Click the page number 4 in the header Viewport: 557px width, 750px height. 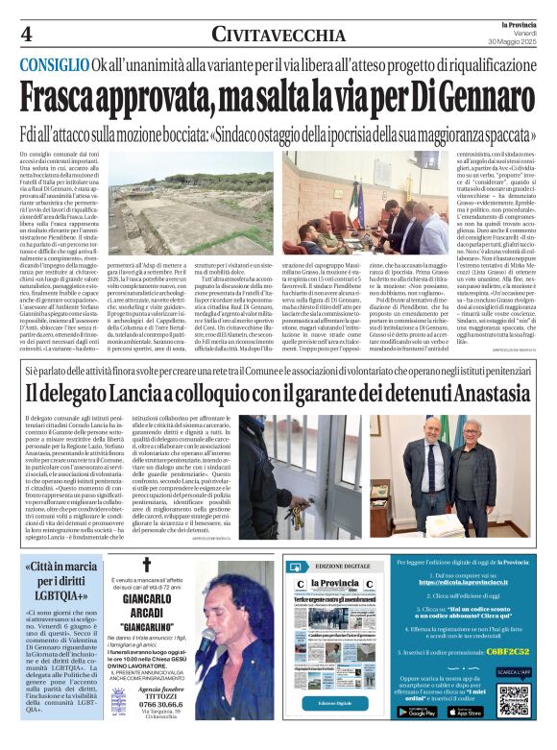point(26,34)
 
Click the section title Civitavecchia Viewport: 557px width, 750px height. point(278,35)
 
